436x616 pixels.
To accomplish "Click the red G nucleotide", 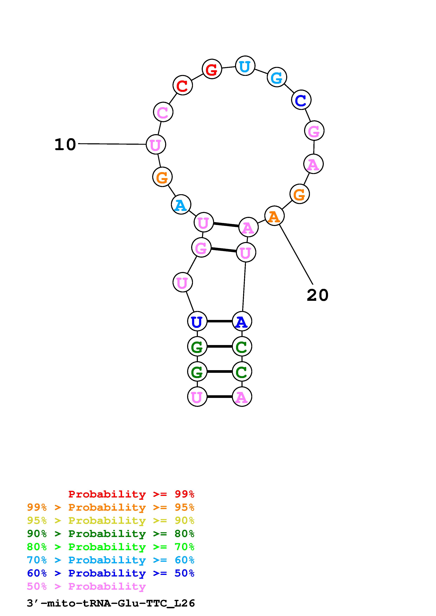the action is tap(212, 69).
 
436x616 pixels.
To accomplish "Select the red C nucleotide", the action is tap(182, 85).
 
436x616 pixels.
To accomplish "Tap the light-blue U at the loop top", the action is tap(245, 66).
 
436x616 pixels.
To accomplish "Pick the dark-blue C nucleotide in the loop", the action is tap(301, 100).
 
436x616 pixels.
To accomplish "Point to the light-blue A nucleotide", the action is tap(181, 205).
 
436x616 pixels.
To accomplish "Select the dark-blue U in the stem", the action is tap(197, 321).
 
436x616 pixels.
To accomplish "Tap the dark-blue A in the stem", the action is tap(242, 321).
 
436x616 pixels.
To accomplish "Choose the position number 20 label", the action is tap(317, 295).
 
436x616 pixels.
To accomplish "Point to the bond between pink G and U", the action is tap(224, 250).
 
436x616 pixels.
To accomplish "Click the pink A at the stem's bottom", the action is tap(242, 397).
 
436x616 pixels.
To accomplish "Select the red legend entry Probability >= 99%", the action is tap(131, 494).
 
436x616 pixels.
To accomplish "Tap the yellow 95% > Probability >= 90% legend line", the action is tap(111, 520).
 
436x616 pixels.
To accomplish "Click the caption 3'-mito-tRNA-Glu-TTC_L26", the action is tap(111, 603).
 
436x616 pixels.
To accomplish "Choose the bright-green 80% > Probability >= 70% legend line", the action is tap(111, 547).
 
